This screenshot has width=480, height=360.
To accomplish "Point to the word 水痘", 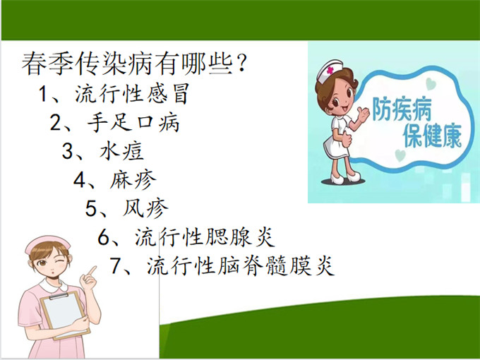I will tap(131, 151).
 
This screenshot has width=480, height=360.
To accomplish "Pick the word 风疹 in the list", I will tap(146, 208).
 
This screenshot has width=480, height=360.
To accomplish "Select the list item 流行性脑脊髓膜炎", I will tap(239, 265).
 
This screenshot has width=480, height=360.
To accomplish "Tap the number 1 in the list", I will tap(45, 94).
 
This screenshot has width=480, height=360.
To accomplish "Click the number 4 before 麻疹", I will tap(80, 179).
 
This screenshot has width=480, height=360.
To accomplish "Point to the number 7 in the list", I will tap(117, 265).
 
